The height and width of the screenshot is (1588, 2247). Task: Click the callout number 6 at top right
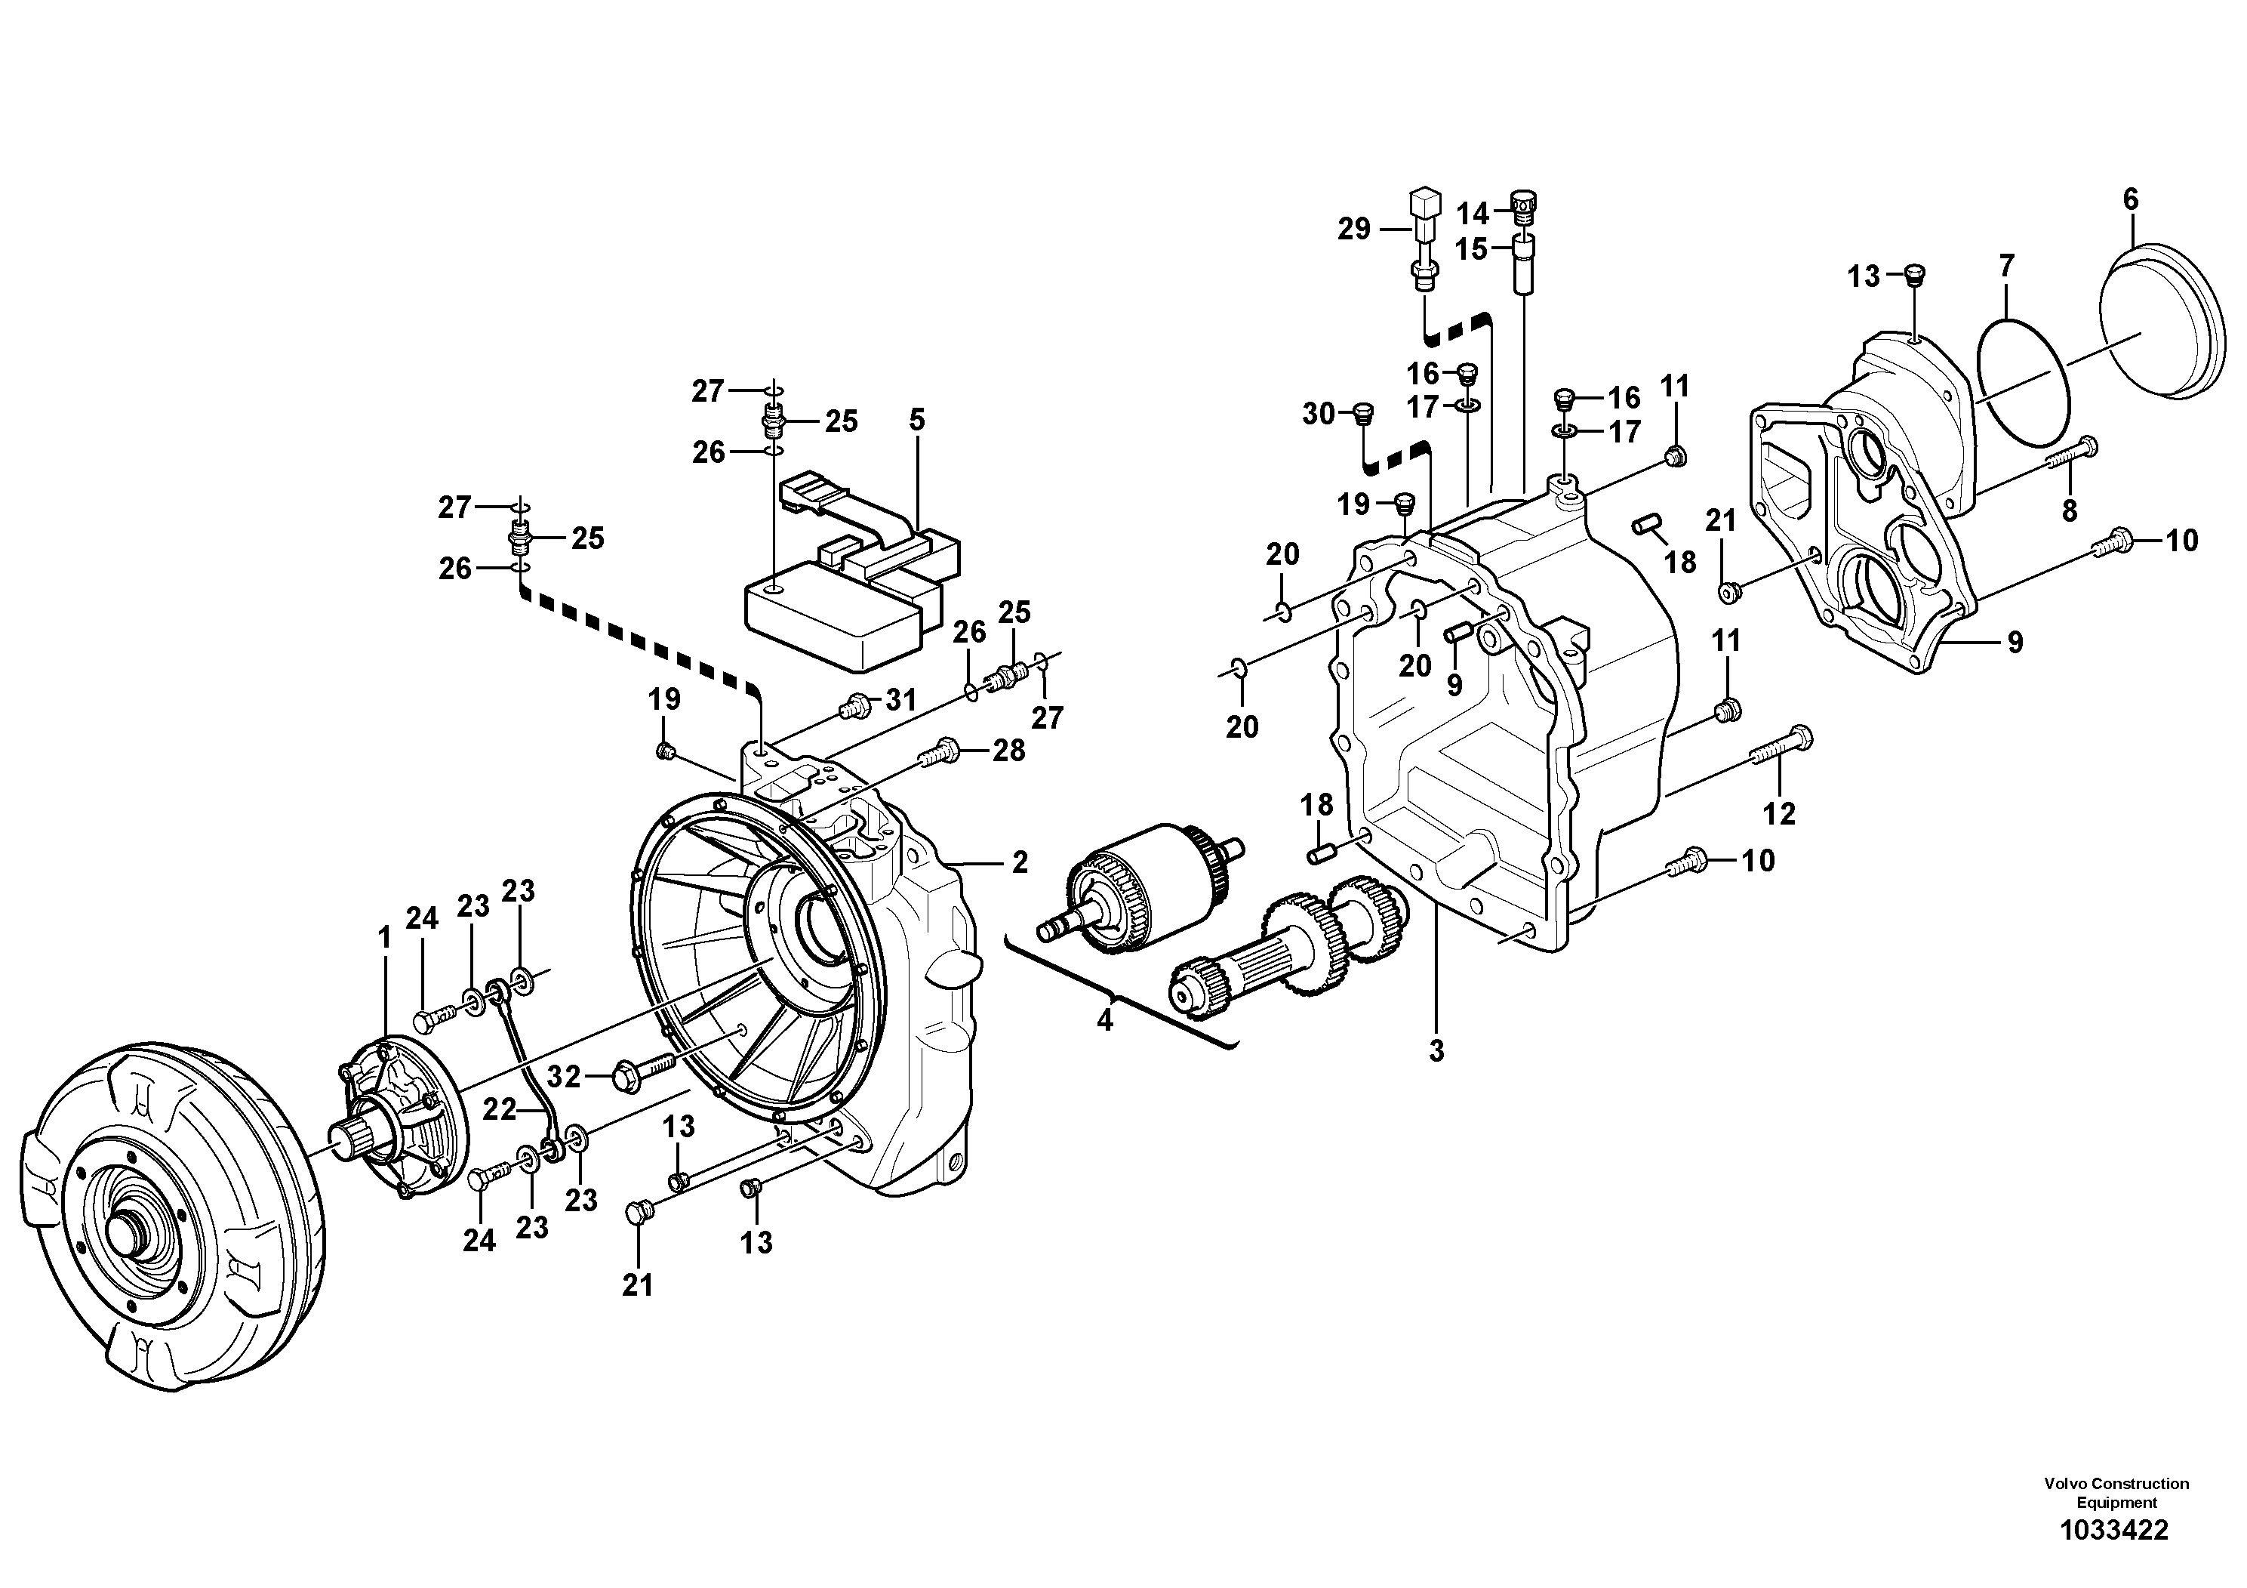pyautogui.click(x=2131, y=199)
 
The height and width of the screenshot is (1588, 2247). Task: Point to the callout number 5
pyautogui.click(x=916, y=421)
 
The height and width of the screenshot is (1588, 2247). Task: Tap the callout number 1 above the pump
pyautogui.click(x=385, y=939)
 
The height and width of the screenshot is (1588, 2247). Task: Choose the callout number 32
pyautogui.click(x=564, y=1077)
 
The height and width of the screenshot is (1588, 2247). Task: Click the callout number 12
pyautogui.click(x=1779, y=813)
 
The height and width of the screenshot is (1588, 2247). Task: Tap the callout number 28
pyautogui.click(x=1009, y=751)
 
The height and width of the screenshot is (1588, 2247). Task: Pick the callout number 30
pyautogui.click(x=1319, y=414)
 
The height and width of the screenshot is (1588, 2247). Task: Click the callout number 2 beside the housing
pyautogui.click(x=1020, y=862)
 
